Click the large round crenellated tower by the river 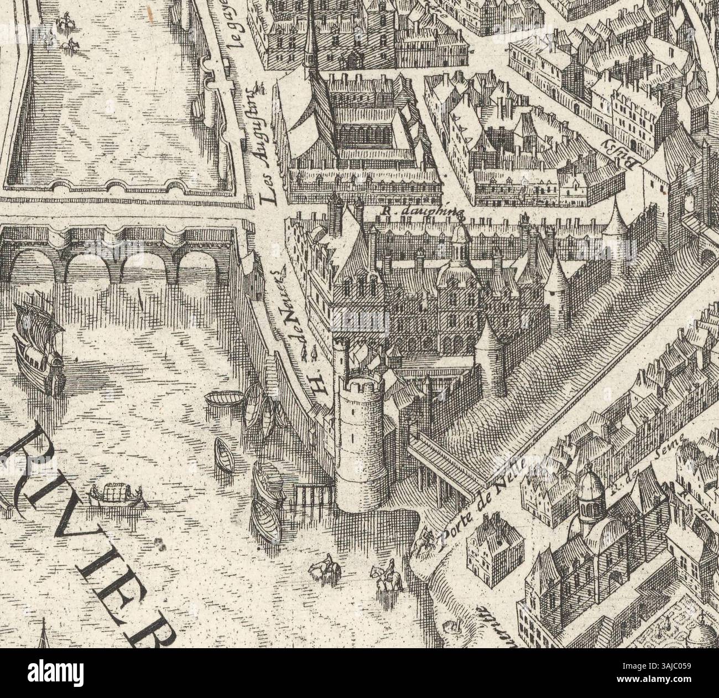(x=362, y=437)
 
